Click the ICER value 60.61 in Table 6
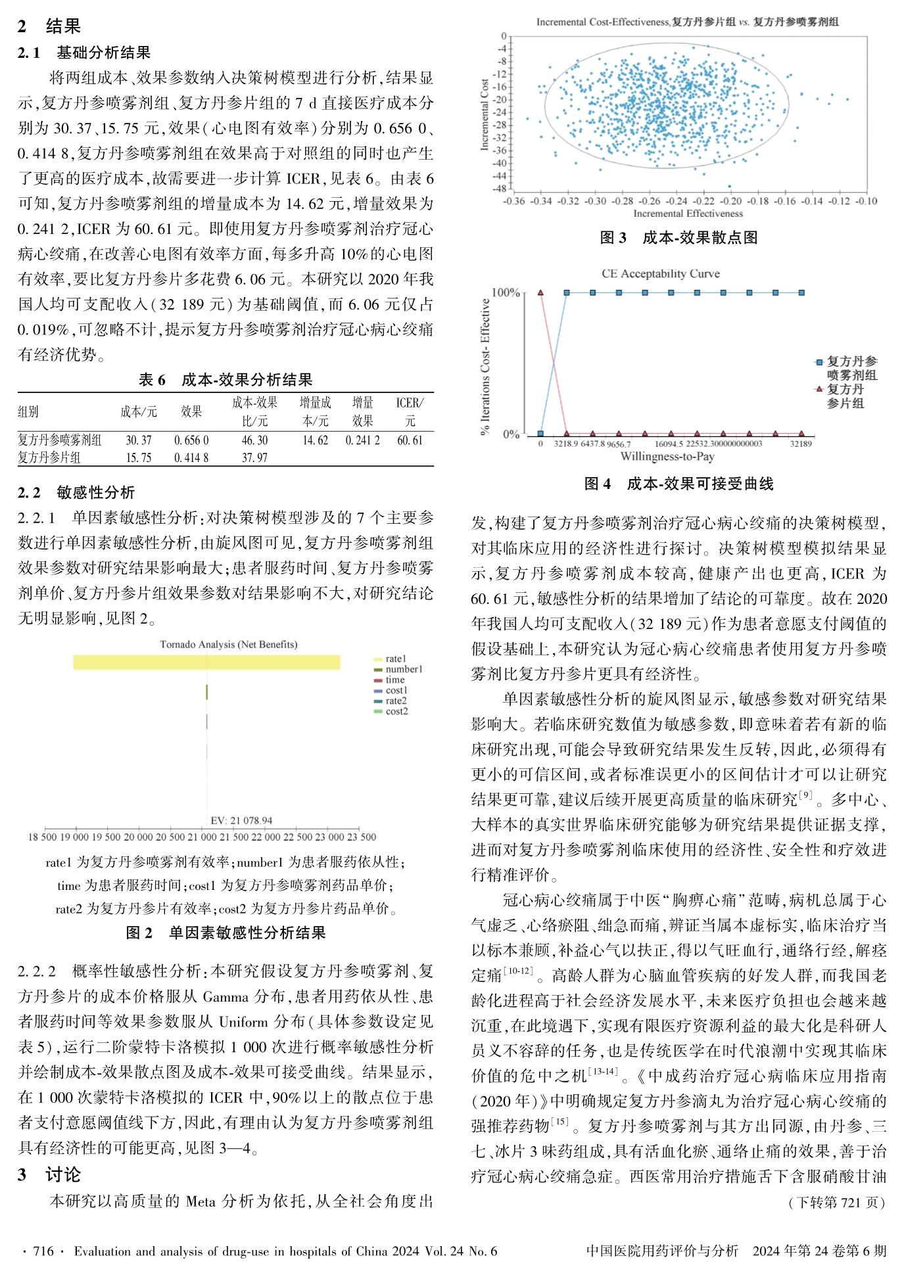[x=410, y=440]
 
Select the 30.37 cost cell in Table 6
[x=138, y=440]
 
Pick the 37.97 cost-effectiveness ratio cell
[x=254, y=457]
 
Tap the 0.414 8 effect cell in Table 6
[x=191, y=457]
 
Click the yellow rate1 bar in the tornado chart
[x=206, y=662]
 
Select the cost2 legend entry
[x=396, y=711]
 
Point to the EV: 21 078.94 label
[x=241, y=820]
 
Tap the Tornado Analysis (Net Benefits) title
[x=228, y=644]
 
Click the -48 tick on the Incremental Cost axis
[x=502, y=189]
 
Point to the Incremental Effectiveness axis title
[x=688, y=214]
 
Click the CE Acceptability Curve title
[x=661, y=273]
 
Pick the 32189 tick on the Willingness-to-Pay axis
[x=801, y=444]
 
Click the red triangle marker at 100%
[x=540, y=292]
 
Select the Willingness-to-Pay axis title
[x=667, y=457]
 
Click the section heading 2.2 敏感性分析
[x=76, y=492]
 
